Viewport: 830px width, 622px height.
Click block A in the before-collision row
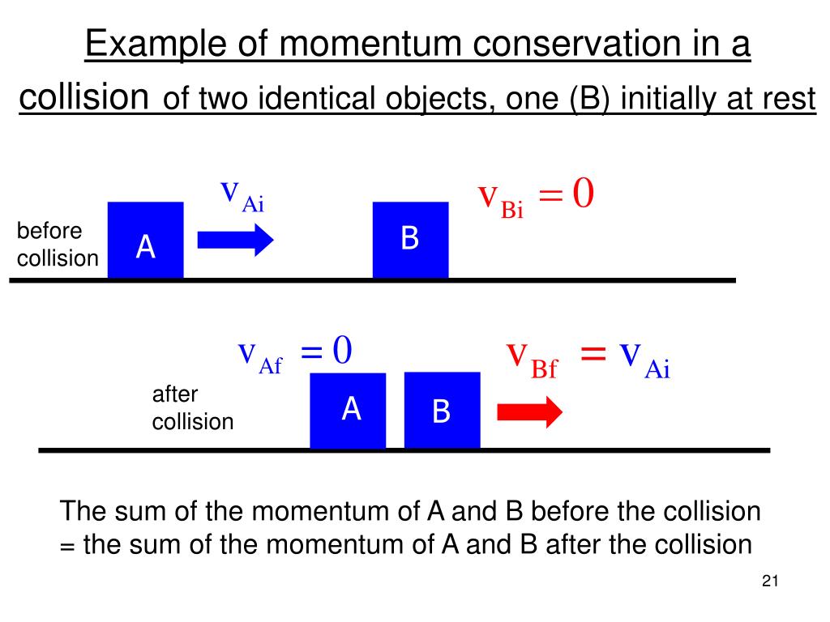pos(145,241)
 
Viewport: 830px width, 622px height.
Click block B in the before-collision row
pos(410,240)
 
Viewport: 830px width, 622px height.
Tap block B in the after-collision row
pos(442,411)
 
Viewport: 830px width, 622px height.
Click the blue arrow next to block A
pos(236,239)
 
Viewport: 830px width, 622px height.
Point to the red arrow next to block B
pos(529,411)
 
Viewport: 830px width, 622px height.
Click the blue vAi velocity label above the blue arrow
pos(242,195)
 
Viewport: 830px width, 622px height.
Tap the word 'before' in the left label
pos(49,231)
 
